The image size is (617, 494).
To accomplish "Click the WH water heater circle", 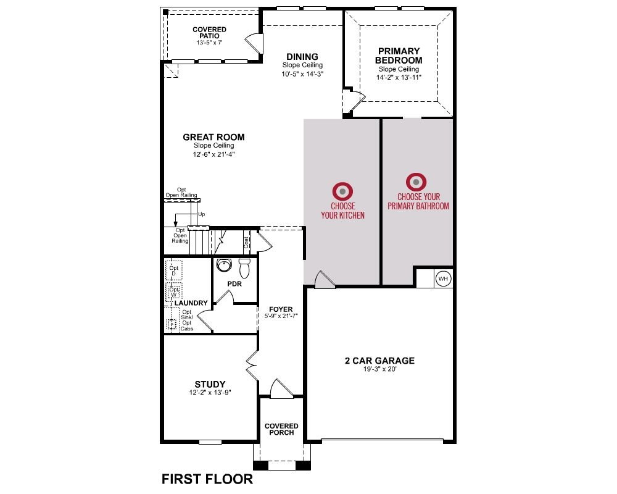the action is pos(443,278).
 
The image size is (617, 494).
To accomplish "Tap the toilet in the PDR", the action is pos(245,268).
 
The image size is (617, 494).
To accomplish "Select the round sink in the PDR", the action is pos(224,265).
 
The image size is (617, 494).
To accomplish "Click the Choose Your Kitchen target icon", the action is pos(342,191).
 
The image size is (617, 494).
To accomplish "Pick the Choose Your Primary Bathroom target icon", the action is pos(416,182).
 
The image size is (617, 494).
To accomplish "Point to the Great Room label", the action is pos(213,137).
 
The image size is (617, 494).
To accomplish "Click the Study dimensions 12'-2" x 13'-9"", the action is pos(210,392).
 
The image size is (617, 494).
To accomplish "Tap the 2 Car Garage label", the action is pos(379,361).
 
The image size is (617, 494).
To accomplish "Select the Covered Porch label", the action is pos(281,429).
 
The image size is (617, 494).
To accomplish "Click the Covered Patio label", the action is pos(209,32).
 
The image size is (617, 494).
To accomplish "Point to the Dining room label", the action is pos(302,56).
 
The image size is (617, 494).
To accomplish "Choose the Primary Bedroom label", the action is pos(399,56).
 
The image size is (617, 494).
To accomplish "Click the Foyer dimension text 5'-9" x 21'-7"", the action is pos(281,316).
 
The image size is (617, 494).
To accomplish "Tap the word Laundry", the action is pos(191,303).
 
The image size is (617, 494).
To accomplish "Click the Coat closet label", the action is pos(246,242).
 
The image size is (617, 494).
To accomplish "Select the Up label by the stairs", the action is pos(202,214).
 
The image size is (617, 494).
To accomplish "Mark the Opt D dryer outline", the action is pos(174,270).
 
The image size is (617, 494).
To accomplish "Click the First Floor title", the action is pos(207,479).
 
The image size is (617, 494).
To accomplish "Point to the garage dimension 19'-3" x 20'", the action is pos(379,369).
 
